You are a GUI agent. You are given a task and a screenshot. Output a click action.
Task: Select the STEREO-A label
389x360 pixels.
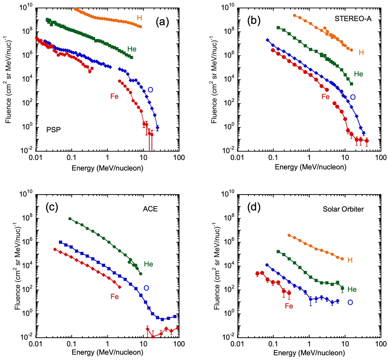(353, 18)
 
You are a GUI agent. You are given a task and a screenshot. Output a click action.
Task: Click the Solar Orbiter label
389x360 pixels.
(343, 209)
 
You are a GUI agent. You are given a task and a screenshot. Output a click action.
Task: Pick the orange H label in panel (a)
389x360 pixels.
(140, 18)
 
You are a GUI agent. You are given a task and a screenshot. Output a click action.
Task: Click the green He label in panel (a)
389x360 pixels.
(132, 49)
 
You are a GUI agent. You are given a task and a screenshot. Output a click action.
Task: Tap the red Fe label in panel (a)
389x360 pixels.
(114, 96)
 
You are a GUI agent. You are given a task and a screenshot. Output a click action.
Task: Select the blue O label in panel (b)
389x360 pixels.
(353, 97)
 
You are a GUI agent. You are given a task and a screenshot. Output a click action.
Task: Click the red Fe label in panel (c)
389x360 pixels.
(114, 296)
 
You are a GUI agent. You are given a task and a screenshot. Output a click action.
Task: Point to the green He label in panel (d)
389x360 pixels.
(352, 289)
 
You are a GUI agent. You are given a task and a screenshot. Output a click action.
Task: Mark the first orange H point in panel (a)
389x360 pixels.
(76, 9)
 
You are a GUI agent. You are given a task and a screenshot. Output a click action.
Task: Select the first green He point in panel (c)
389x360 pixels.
(70, 219)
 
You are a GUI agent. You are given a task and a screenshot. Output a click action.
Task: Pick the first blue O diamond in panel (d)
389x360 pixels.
(267, 265)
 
